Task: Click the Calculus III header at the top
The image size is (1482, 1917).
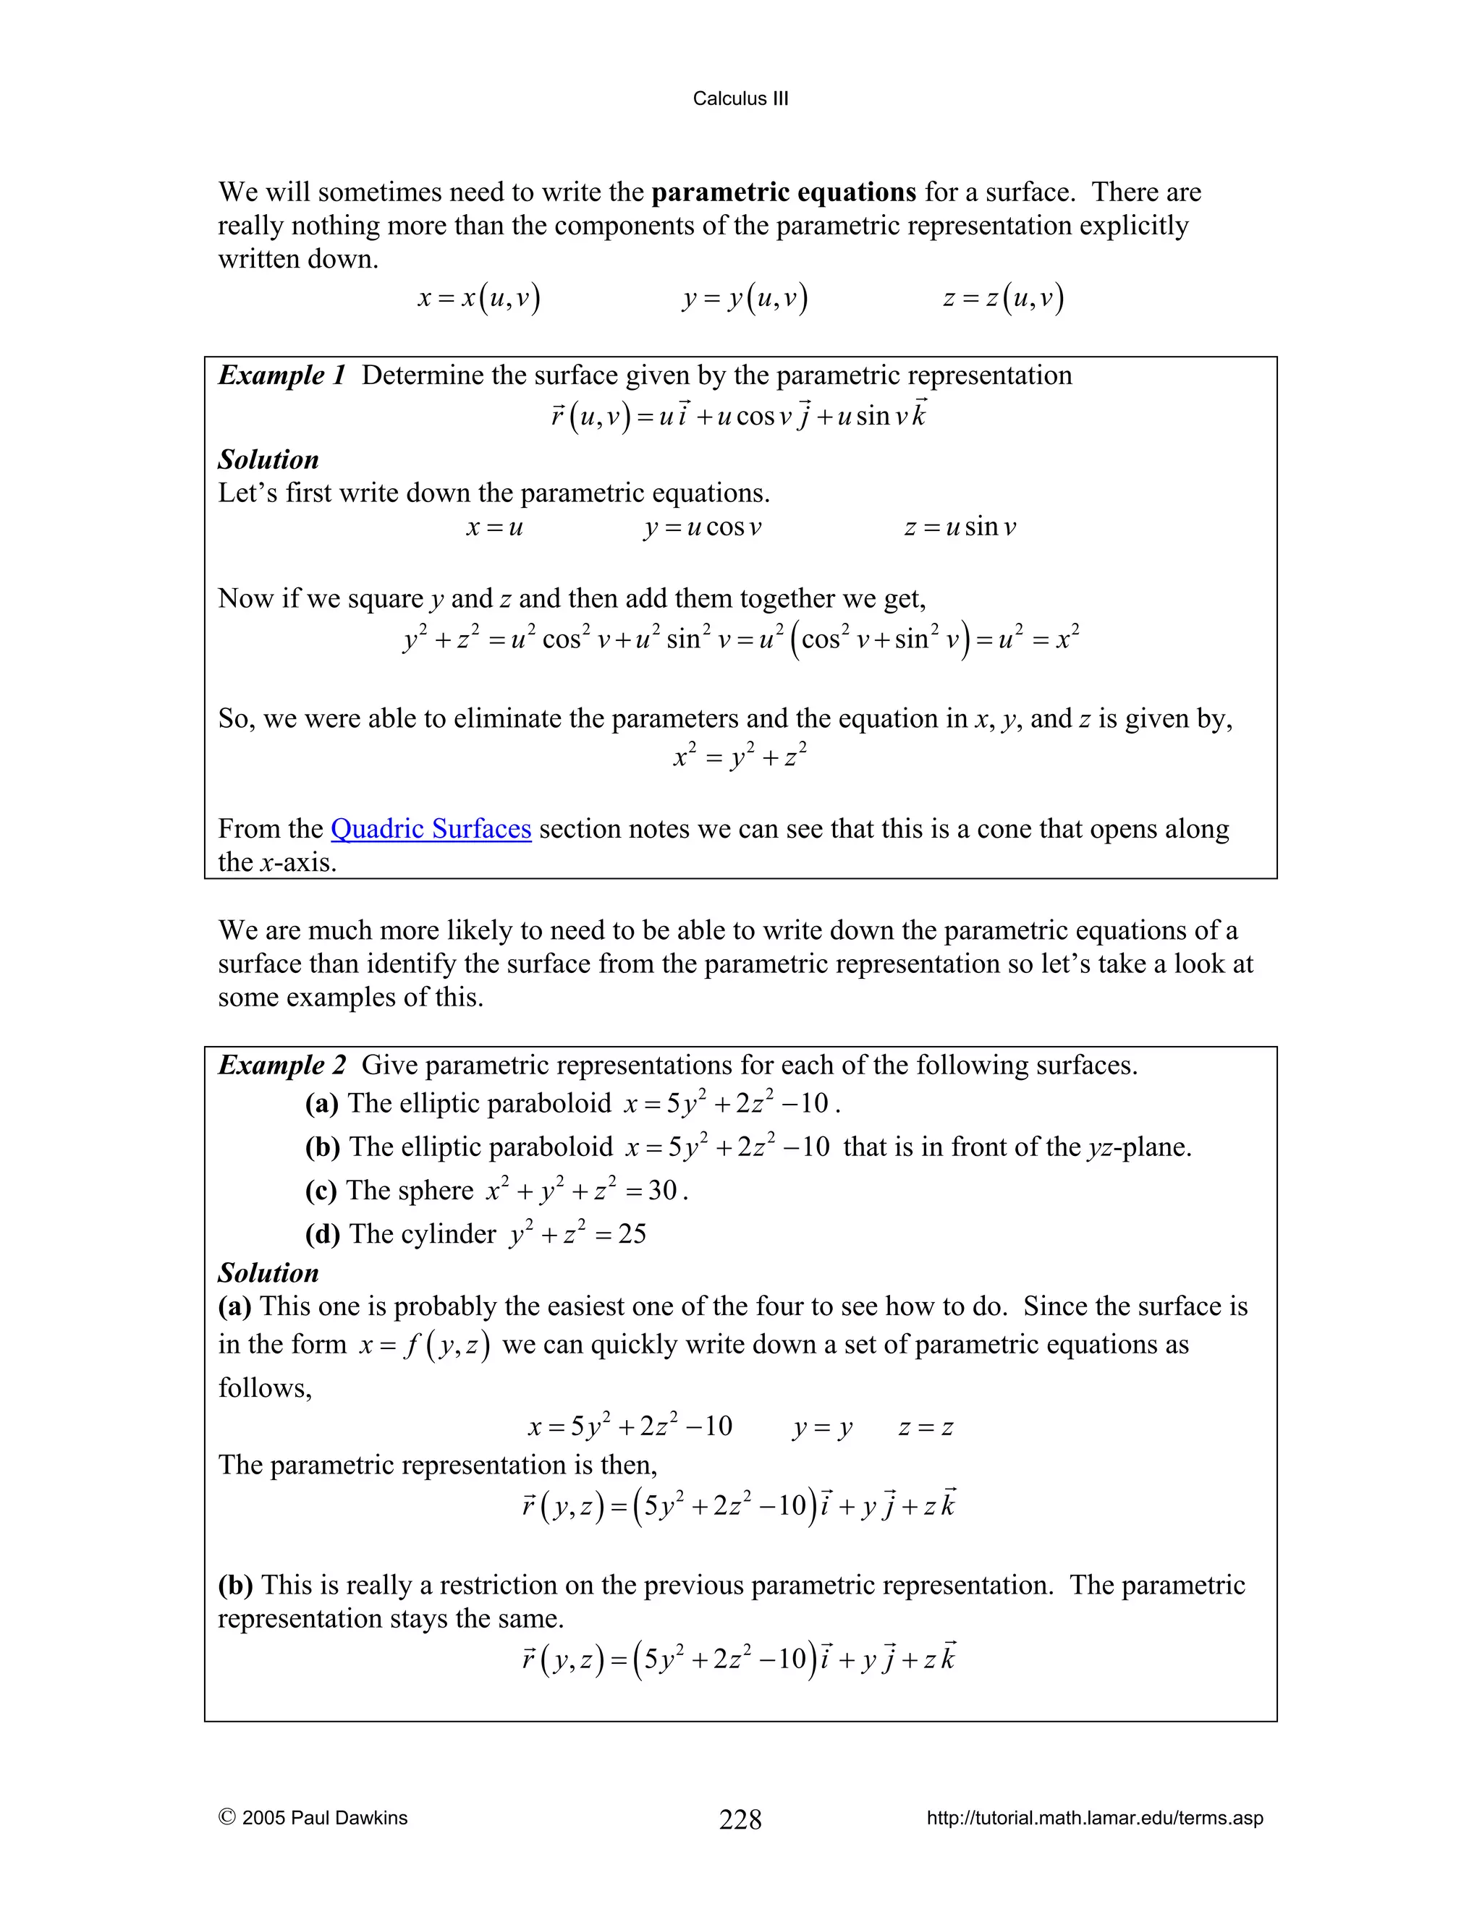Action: click(x=740, y=98)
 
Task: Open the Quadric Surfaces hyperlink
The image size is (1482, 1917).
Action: click(x=431, y=828)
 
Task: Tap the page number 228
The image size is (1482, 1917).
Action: click(x=740, y=1819)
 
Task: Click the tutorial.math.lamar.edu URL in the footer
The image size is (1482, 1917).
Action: click(x=1094, y=1818)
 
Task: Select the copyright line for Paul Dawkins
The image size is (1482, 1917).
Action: click(x=313, y=1818)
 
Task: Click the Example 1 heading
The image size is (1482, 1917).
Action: click(x=281, y=375)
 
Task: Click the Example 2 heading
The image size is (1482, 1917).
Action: click(x=281, y=1066)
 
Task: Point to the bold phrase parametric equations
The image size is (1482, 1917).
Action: click(x=783, y=192)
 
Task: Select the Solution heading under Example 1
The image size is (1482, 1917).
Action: click(x=268, y=459)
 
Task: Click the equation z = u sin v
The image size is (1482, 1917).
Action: click(x=960, y=527)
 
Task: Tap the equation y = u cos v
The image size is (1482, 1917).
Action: click(x=703, y=527)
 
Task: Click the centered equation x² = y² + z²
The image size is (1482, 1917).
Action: click(x=740, y=756)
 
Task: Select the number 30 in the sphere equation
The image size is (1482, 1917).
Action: click(x=662, y=1191)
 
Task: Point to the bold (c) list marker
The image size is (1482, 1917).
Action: click(x=321, y=1191)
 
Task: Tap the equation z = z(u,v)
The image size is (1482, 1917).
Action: click(x=1003, y=299)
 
